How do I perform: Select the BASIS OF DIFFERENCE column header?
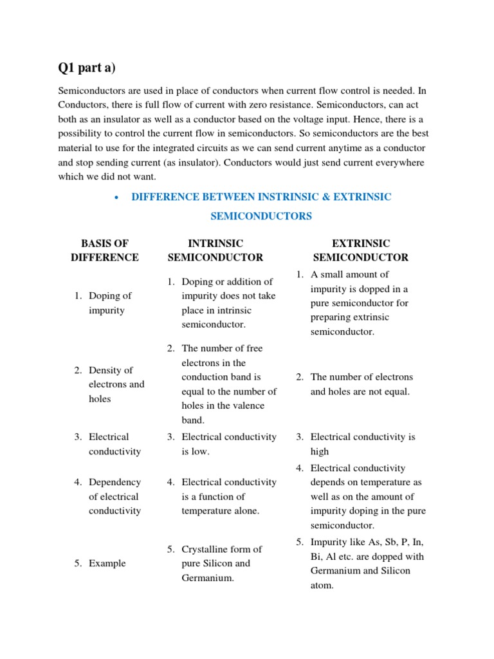(x=104, y=250)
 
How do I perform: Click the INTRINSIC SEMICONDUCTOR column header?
(x=215, y=250)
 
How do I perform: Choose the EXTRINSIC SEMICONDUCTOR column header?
(x=360, y=250)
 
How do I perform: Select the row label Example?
(x=107, y=563)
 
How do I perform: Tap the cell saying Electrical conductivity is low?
(x=228, y=444)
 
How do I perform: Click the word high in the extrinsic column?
(x=320, y=451)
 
